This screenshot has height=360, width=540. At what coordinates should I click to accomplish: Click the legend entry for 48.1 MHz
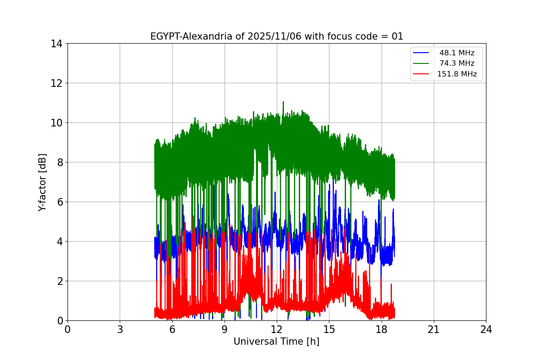(x=457, y=53)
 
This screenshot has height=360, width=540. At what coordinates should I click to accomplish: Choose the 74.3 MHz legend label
(x=457, y=63)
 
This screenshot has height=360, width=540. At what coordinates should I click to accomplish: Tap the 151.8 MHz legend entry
(x=457, y=74)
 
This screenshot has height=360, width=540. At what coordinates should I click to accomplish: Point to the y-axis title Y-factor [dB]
(x=42, y=182)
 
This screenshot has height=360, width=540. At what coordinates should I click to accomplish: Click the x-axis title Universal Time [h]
(x=276, y=342)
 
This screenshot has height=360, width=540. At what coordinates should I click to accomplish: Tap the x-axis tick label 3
(x=120, y=329)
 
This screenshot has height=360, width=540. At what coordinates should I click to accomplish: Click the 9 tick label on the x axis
(x=225, y=329)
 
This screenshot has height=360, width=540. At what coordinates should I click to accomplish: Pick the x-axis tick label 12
(x=277, y=329)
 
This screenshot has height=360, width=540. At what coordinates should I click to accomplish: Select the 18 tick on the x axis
(x=382, y=329)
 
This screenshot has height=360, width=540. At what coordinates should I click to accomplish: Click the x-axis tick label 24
(x=486, y=329)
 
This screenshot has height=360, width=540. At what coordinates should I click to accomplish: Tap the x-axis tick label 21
(x=434, y=329)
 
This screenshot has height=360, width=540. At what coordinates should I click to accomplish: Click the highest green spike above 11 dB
(x=283, y=102)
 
